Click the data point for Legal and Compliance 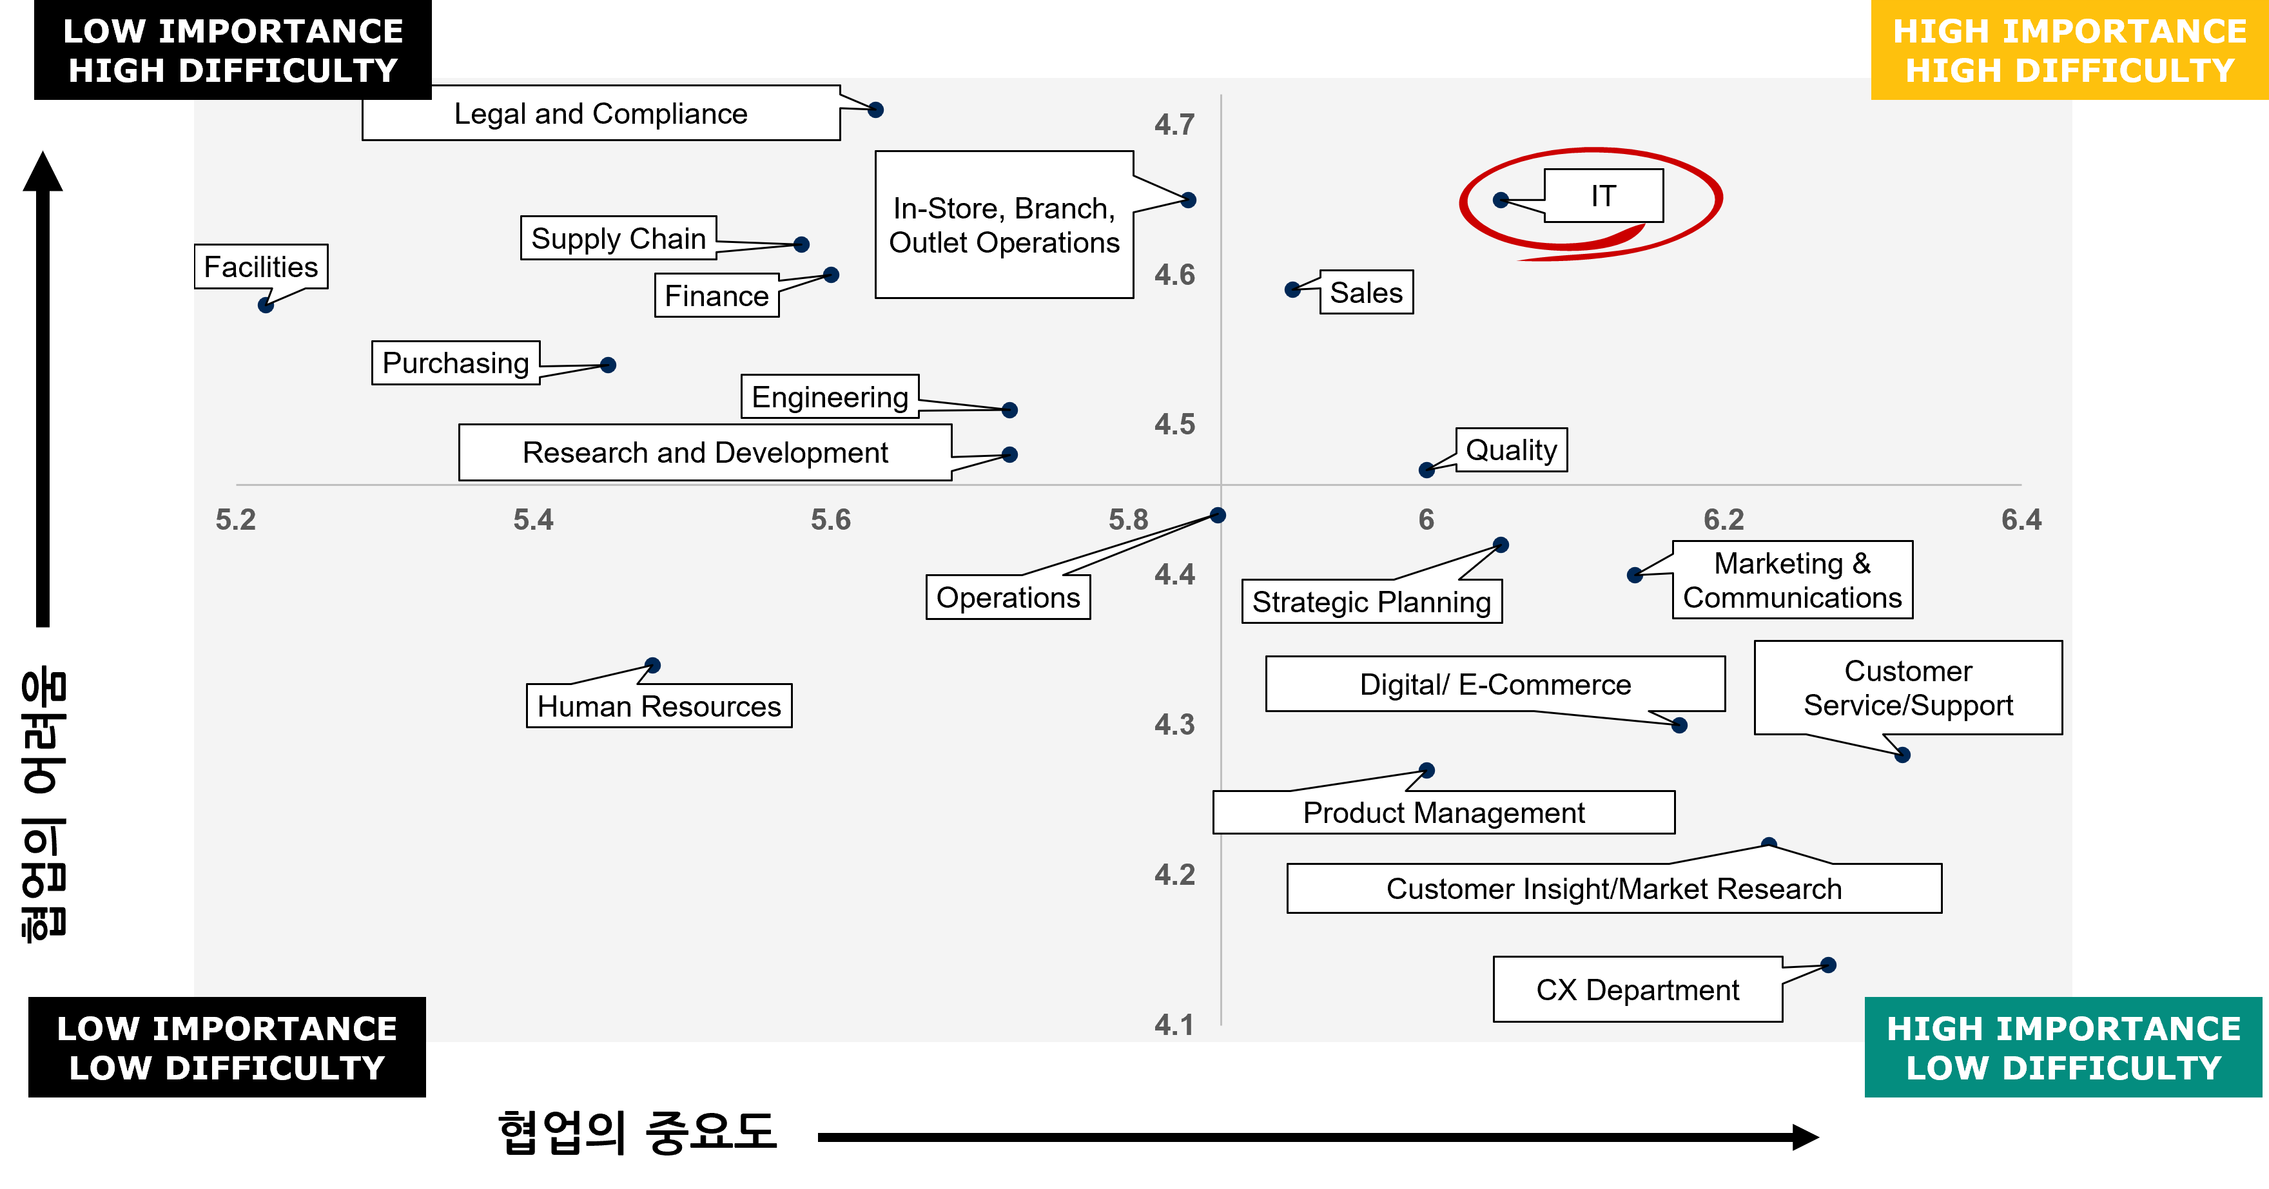tap(875, 110)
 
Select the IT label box tap(1603, 195)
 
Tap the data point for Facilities tap(265, 305)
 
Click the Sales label tap(1365, 293)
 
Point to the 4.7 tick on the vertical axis tap(1174, 125)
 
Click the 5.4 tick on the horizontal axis tap(533, 519)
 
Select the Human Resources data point tap(653, 665)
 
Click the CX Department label tap(1637, 990)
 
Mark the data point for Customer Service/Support tap(1903, 755)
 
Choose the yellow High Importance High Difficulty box tap(2069, 50)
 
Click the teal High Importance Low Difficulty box tap(2063, 1047)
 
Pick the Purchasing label tap(455, 363)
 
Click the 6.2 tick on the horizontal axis tap(1723, 519)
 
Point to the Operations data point tap(1217, 516)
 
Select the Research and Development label tap(705, 452)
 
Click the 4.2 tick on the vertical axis tap(1174, 875)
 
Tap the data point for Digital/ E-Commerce tap(1680, 726)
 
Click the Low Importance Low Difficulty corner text tap(228, 1048)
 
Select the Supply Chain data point tap(801, 245)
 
